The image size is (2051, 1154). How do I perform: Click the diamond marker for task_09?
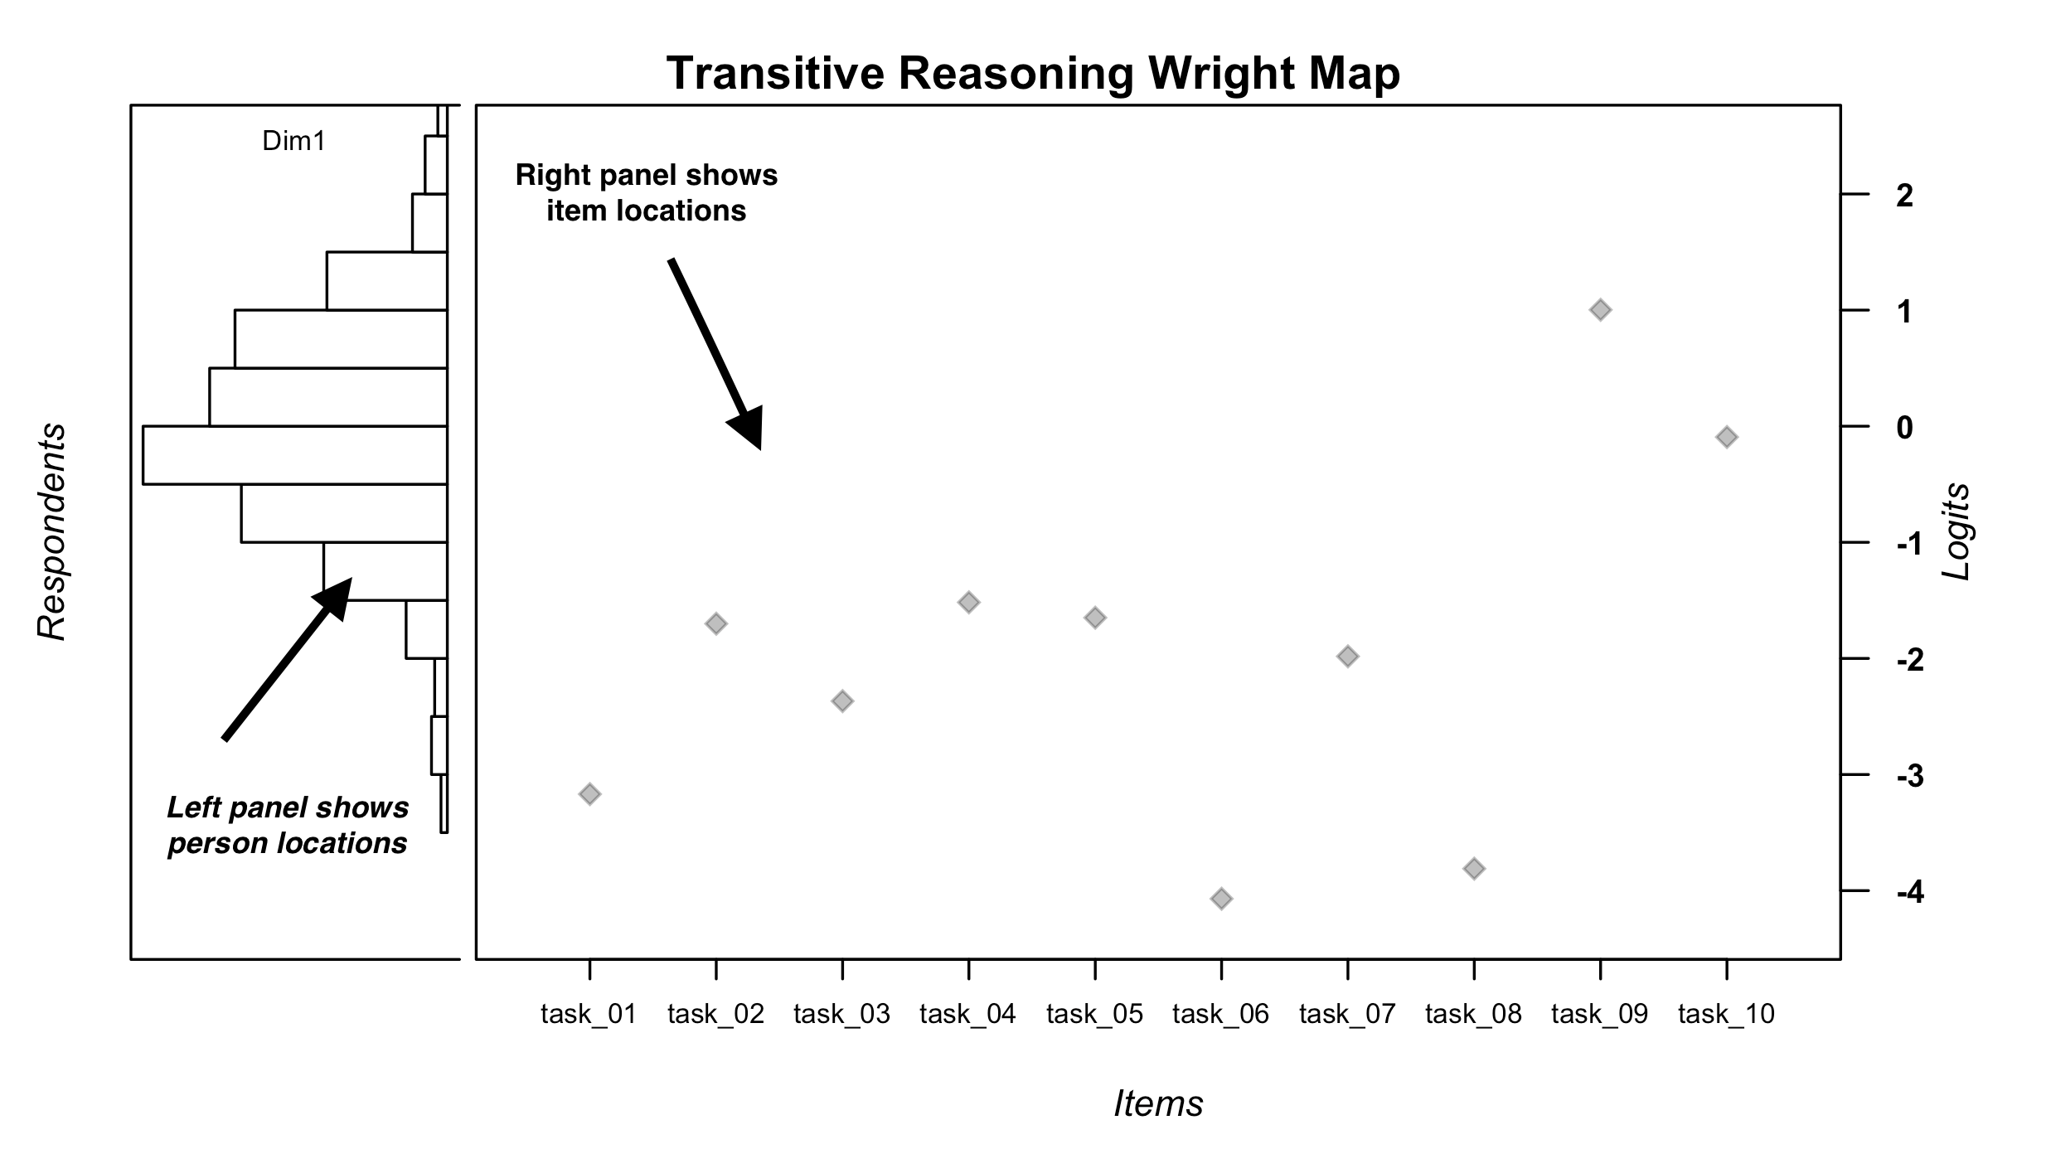pyautogui.click(x=1600, y=310)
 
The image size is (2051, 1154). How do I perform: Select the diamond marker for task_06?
pyautogui.click(x=1221, y=899)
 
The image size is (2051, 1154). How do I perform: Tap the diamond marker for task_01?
pyautogui.click(x=589, y=794)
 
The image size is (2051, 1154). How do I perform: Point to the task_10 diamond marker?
pyautogui.click(x=1726, y=437)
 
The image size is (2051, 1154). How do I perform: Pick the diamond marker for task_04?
pyautogui.click(x=968, y=603)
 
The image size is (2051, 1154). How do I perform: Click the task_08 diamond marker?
pyautogui.click(x=1474, y=869)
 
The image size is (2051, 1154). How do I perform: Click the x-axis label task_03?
pyautogui.click(x=841, y=1014)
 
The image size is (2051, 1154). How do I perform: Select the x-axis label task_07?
pyautogui.click(x=1347, y=1014)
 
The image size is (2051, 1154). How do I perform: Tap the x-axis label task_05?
pyautogui.click(x=1094, y=1014)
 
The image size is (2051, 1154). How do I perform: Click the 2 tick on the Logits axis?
pyautogui.click(x=1905, y=196)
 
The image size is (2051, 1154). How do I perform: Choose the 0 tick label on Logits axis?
pyautogui.click(x=1905, y=428)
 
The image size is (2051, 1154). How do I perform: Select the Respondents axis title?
pyautogui.click(x=51, y=531)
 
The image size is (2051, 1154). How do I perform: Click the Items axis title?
pyautogui.click(x=1158, y=1104)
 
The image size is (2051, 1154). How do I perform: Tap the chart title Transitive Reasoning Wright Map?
pyautogui.click(x=1033, y=73)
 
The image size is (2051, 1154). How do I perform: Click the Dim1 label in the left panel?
pyautogui.click(x=293, y=142)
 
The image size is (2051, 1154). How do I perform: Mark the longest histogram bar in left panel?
pyautogui.click(x=294, y=455)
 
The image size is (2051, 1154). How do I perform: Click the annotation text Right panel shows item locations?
pyautogui.click(x=646, y=193)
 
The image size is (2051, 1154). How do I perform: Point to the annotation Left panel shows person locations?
pyautogui.click(x=288, y=826)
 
